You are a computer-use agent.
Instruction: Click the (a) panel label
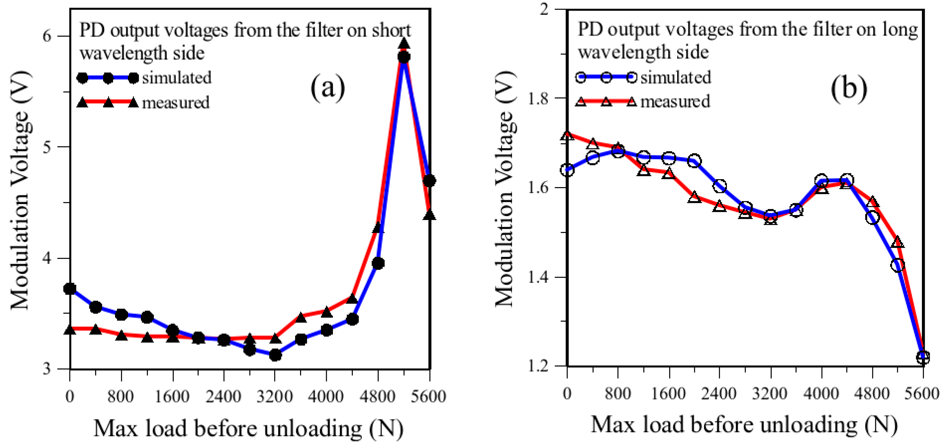click(328, 88)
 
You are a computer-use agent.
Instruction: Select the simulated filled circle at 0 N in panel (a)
click(70, 289)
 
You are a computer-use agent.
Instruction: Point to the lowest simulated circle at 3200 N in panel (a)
click(275, 355)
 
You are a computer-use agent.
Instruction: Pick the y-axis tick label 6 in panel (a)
click(46, 36)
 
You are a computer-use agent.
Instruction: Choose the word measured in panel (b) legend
click(675, 101)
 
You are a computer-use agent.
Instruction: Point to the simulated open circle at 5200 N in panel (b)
click(898, 265)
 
